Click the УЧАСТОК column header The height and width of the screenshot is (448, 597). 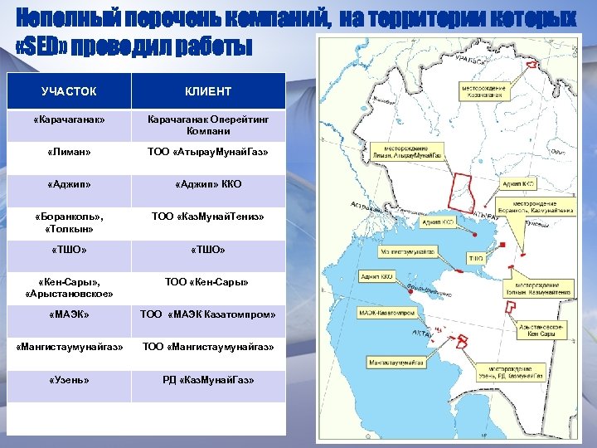[69, 91]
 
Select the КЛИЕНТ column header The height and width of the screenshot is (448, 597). [208, 91]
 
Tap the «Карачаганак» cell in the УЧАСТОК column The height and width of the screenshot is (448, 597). [69, 120]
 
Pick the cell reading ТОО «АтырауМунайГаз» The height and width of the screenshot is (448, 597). [208, 153]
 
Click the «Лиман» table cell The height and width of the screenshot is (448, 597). [69, 153]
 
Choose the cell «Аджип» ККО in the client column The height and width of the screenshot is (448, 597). [208, 184]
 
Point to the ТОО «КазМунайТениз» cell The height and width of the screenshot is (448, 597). [208, 217]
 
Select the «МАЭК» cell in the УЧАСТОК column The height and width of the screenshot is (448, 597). [69, 314]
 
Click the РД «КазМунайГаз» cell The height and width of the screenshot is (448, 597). [208, 380]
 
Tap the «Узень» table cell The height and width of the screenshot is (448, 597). [69, 380]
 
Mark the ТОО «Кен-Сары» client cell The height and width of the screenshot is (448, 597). [208, 282]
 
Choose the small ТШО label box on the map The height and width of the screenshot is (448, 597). [476, 259]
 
